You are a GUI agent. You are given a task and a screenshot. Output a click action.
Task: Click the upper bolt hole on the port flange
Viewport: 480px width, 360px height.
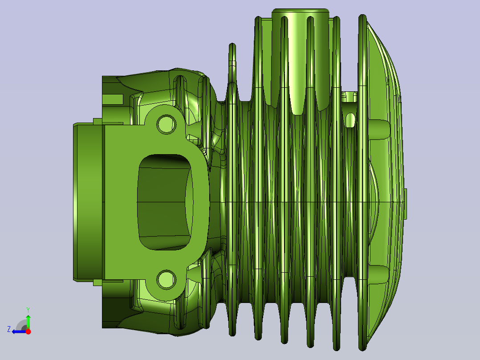pos(166,124)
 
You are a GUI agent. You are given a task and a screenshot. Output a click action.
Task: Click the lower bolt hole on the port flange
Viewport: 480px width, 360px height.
pos(166,279)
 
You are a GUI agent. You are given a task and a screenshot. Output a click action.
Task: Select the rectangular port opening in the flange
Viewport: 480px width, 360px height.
pos(165,202)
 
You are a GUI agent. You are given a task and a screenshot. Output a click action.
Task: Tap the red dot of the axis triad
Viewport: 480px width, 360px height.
pos(28,331)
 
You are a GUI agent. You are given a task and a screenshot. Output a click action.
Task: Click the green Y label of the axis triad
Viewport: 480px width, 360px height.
pos(28,310)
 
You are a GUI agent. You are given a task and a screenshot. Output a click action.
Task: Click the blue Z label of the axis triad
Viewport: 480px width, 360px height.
pos(9,329)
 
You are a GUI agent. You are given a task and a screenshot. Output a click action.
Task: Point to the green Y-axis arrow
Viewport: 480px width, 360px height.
pos(28,322)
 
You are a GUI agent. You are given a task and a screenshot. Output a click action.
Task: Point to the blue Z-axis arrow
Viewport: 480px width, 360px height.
pos(19,331)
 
